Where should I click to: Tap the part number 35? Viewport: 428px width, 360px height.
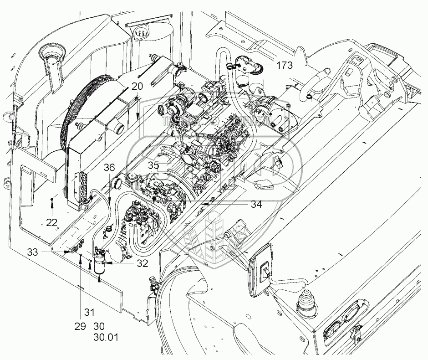click(x=153, y=165)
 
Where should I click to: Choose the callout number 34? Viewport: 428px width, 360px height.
click(x=256, y=205)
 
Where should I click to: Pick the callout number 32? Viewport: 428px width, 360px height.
click(x=142, y=263)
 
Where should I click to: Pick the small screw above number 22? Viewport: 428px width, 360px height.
click(x=53, y=197)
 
